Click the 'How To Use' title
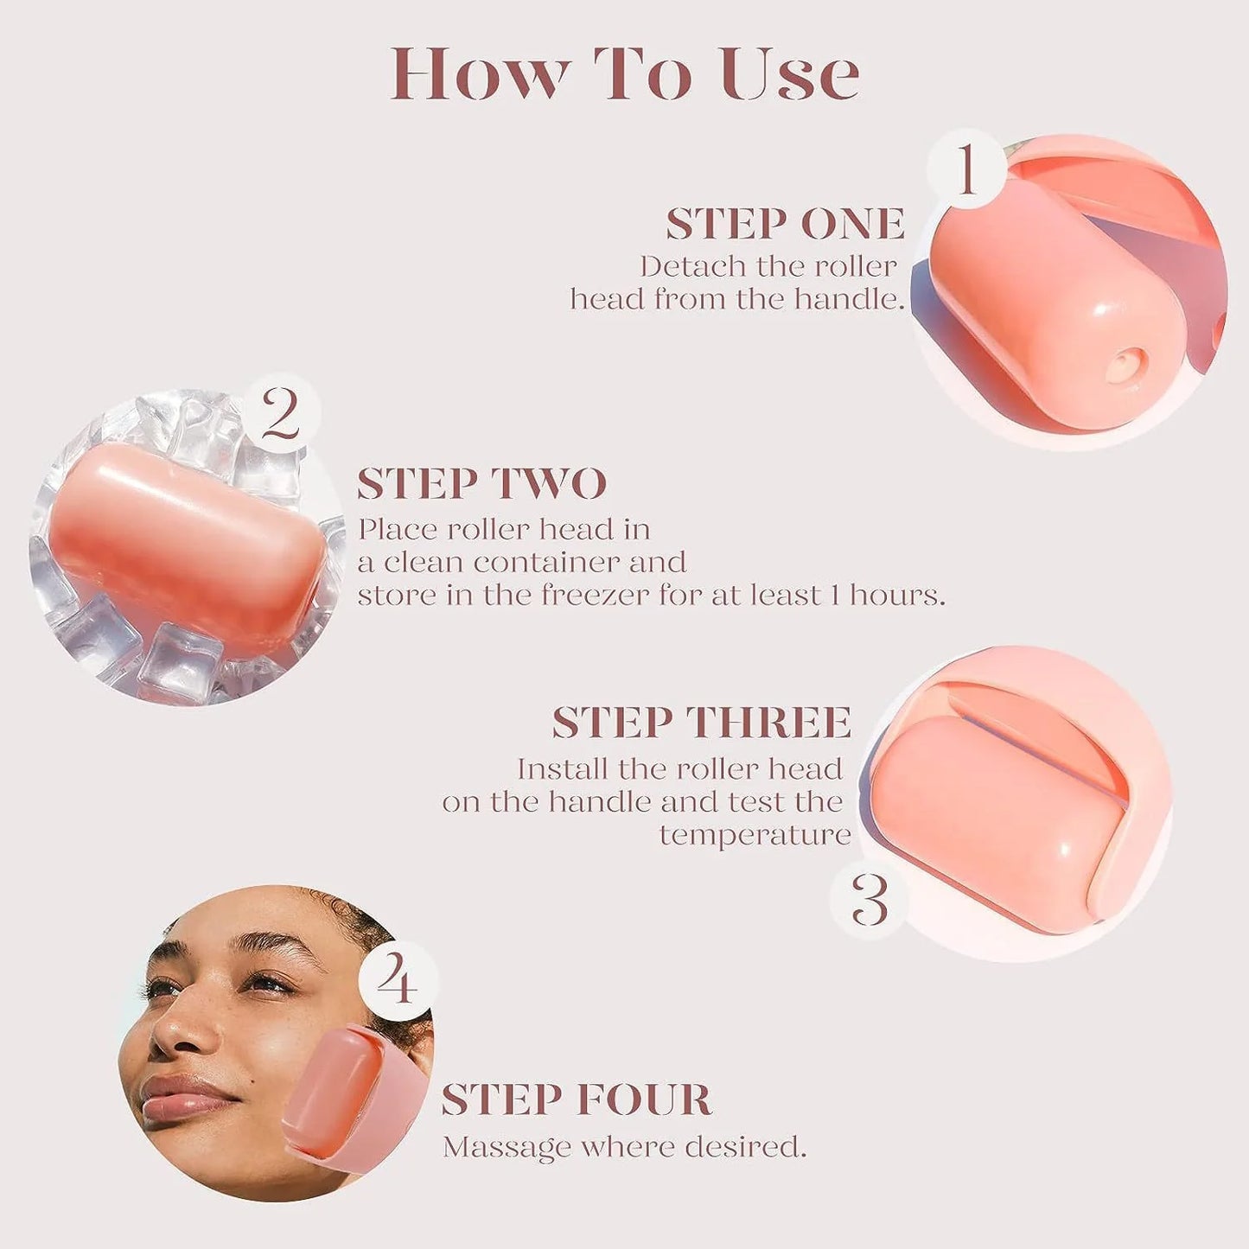[624, 74]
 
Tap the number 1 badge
[966, 169]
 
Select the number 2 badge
[281, 413]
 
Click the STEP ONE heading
[785, 225]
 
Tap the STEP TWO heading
[481, 484]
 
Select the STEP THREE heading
[701, 723]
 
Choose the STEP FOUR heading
[576, 1100]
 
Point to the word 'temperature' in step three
[755, 836]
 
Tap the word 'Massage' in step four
[507, 1148]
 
